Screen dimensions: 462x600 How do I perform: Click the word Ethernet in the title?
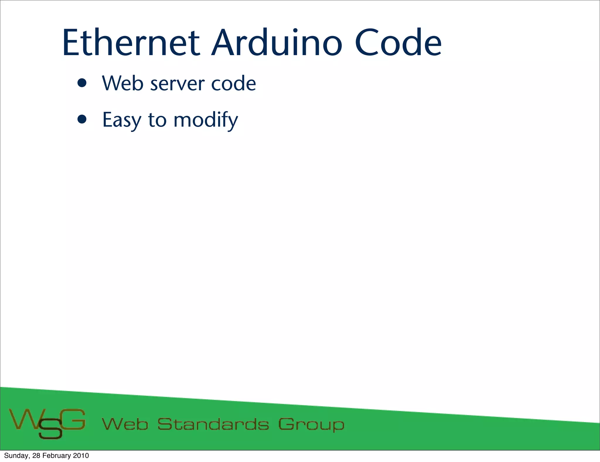131,43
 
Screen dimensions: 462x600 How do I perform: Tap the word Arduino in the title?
276,43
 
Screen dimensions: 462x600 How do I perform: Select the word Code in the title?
398,43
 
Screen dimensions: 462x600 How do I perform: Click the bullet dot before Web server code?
82,83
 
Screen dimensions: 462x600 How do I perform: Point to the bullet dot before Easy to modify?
82,119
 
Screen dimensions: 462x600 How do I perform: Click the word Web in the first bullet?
123,83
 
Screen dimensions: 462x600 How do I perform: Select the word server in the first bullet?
178,84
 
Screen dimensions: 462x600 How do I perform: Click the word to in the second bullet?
157,120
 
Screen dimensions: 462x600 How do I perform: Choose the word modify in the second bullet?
206,120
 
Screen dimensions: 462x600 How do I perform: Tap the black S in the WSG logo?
50,429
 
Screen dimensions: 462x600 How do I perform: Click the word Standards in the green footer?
213,424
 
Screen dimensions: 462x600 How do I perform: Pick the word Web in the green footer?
125,424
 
